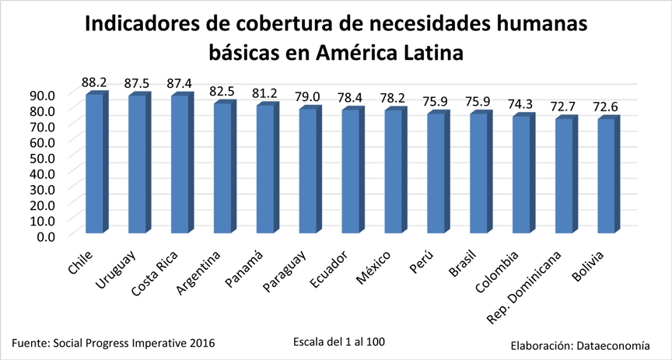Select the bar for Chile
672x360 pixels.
coord(94,163)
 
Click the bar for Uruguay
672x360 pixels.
coord(137,163)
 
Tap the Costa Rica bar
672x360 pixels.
coord(180,163)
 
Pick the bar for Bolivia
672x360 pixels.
coord(607,176)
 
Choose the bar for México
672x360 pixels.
coord(393,171)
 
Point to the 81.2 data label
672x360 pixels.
coord(266,93)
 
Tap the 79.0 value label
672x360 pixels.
coord(309,96)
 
